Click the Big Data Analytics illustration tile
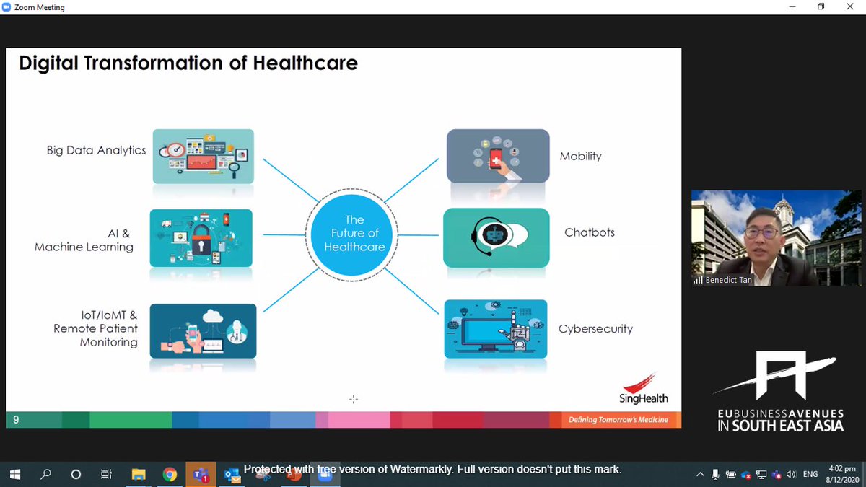[x=204, y=155]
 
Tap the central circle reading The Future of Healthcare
[x=354, y=233]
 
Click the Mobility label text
[x=580, y=156]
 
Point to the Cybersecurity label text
[x=595, y=328]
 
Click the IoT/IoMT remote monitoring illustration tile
[x=203, y=330]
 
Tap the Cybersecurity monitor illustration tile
[x=496, y=329]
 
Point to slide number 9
[x=16, y=420]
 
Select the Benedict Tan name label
[x=728, y=280]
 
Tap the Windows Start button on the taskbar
[x=16, y=474]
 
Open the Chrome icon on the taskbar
[x=170, y=474]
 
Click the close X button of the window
[x=850, y=7]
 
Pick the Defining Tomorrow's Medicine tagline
[x=618, y=420]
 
